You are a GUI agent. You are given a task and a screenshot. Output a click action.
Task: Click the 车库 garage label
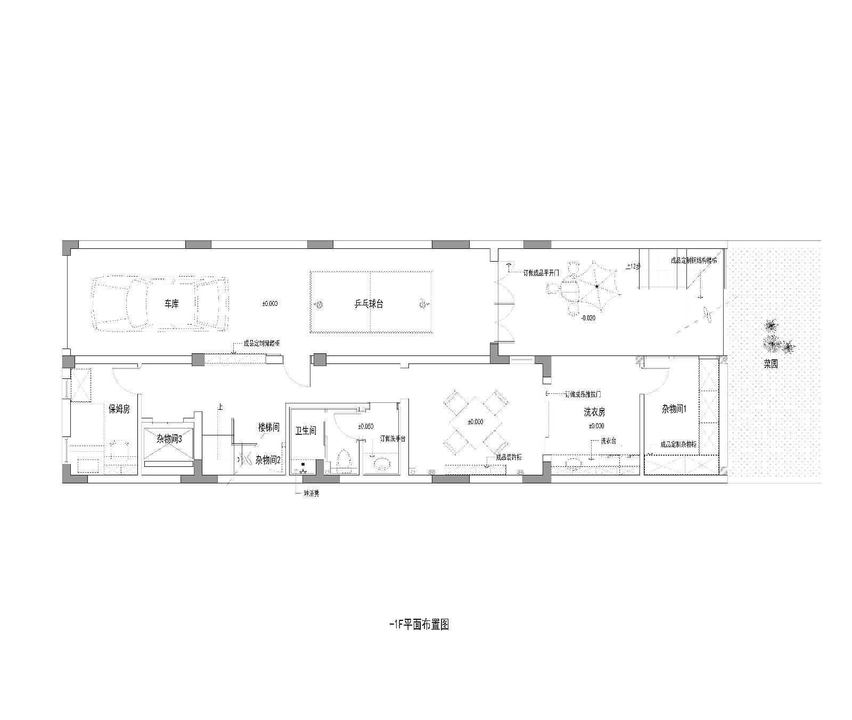pyautogui.click(x=171, y=304)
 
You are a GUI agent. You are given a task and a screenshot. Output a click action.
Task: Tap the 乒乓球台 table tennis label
pyautogui.click(x=369, y=304)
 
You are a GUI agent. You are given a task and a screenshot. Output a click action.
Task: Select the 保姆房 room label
pyautogui.click(x=119, y=409)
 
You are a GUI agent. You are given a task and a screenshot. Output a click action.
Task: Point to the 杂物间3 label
pyautogui.click(x=169, y=439)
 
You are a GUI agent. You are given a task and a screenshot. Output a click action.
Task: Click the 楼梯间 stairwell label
pyautogui.click(x=269, y=427)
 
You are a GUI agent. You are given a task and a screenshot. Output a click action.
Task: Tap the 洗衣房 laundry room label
pyautogui.click(x=594, y=412)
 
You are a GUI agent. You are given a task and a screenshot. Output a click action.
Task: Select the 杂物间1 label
pyautogui.click(x=675, y=409)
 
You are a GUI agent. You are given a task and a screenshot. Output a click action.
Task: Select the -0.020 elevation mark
pyautogui.click(x=588, y=318)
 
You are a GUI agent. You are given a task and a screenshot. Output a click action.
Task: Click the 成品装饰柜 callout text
pyautogui.click(x=508, y=457)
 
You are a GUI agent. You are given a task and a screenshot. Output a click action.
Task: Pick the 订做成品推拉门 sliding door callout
pyautogui.click(x=583, y=394)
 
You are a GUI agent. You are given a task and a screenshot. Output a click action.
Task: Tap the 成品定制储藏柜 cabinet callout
pyautogui.click(x=261, y=344)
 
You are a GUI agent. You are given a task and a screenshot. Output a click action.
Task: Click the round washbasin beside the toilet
pyautogui.click(x=382, y=463)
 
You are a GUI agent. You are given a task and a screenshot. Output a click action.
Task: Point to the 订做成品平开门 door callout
pyautogui.click(x=541, y=272)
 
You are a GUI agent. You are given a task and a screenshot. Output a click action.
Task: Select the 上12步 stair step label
pyautogui.click(x=633, y=266)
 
